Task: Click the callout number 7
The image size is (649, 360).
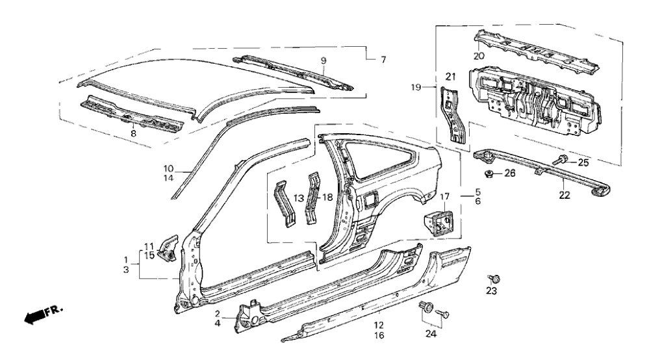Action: coord(383,60)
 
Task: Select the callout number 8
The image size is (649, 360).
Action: coord(133,133)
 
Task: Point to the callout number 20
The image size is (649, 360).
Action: coord(479,56)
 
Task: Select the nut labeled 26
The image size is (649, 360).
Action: coord(489,174)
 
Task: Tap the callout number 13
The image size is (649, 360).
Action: coord(299,197)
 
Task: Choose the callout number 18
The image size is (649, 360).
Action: coord(329,197)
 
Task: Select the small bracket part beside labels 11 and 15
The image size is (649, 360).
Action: coord(167,246)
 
